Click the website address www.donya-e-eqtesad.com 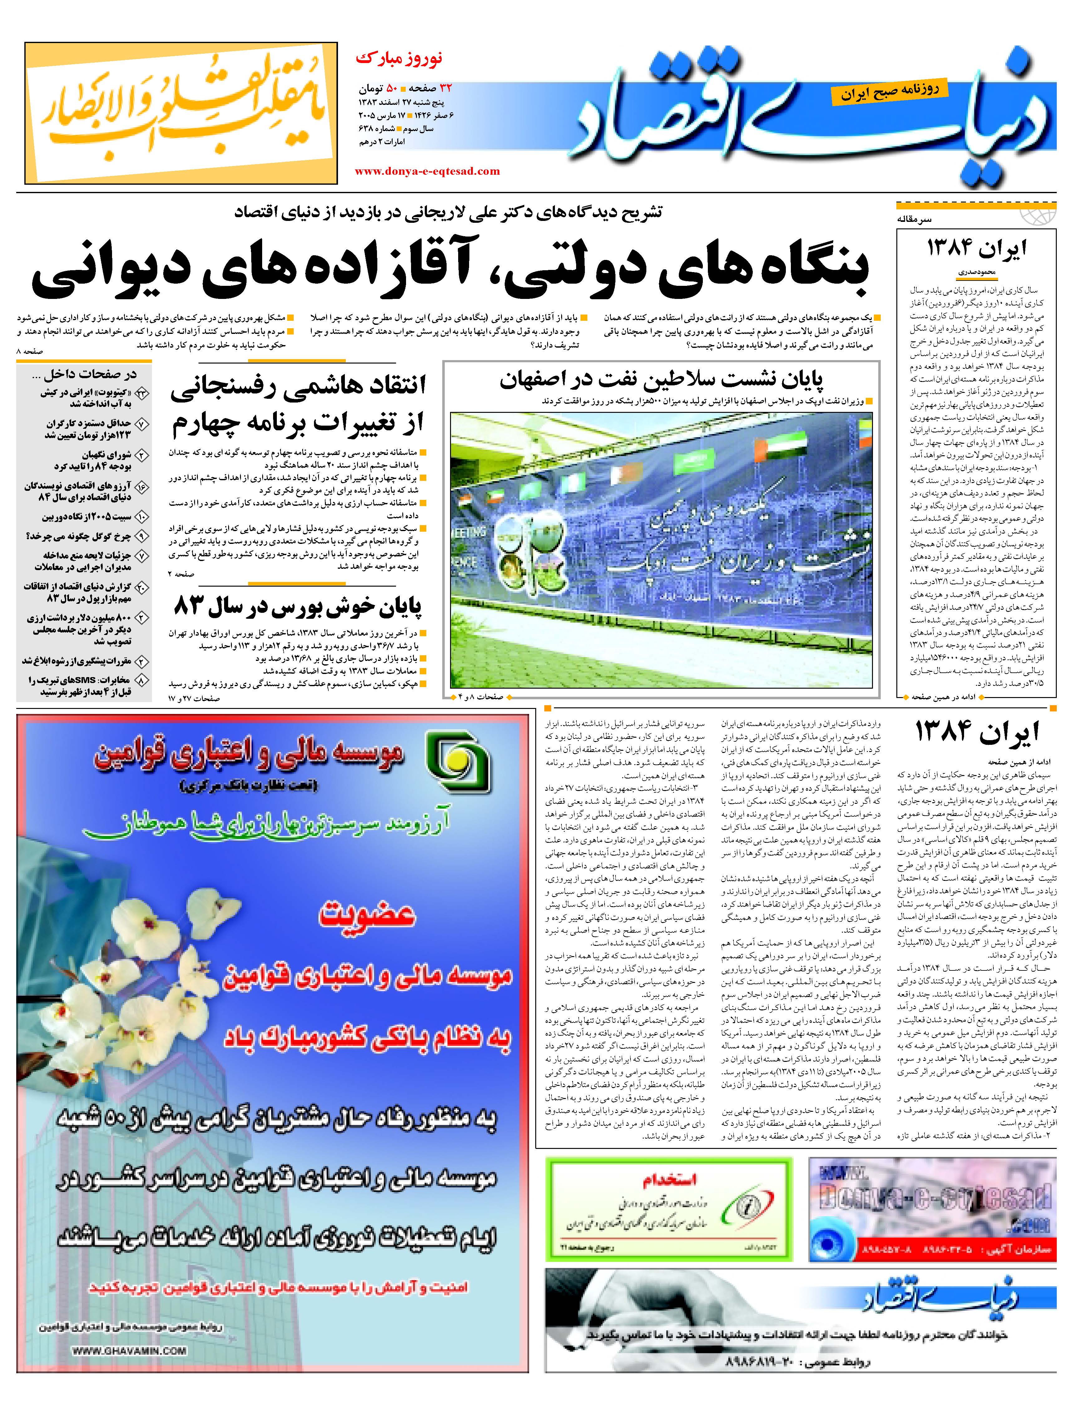coord(427,171)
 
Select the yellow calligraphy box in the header coord(181,113)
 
